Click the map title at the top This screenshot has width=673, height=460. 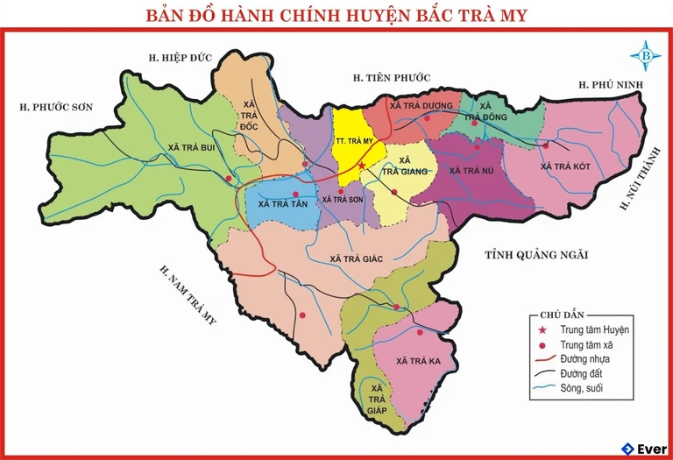(336, 15)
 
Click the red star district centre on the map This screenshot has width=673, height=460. (361, 165)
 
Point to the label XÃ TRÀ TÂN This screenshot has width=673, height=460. (283, 203)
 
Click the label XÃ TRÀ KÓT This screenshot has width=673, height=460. (565, 166)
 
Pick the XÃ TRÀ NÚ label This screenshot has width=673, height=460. (472, 171)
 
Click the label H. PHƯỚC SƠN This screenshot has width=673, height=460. (57, 107)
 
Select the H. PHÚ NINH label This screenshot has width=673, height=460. (611, 84)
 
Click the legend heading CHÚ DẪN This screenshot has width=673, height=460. (562, 314)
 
